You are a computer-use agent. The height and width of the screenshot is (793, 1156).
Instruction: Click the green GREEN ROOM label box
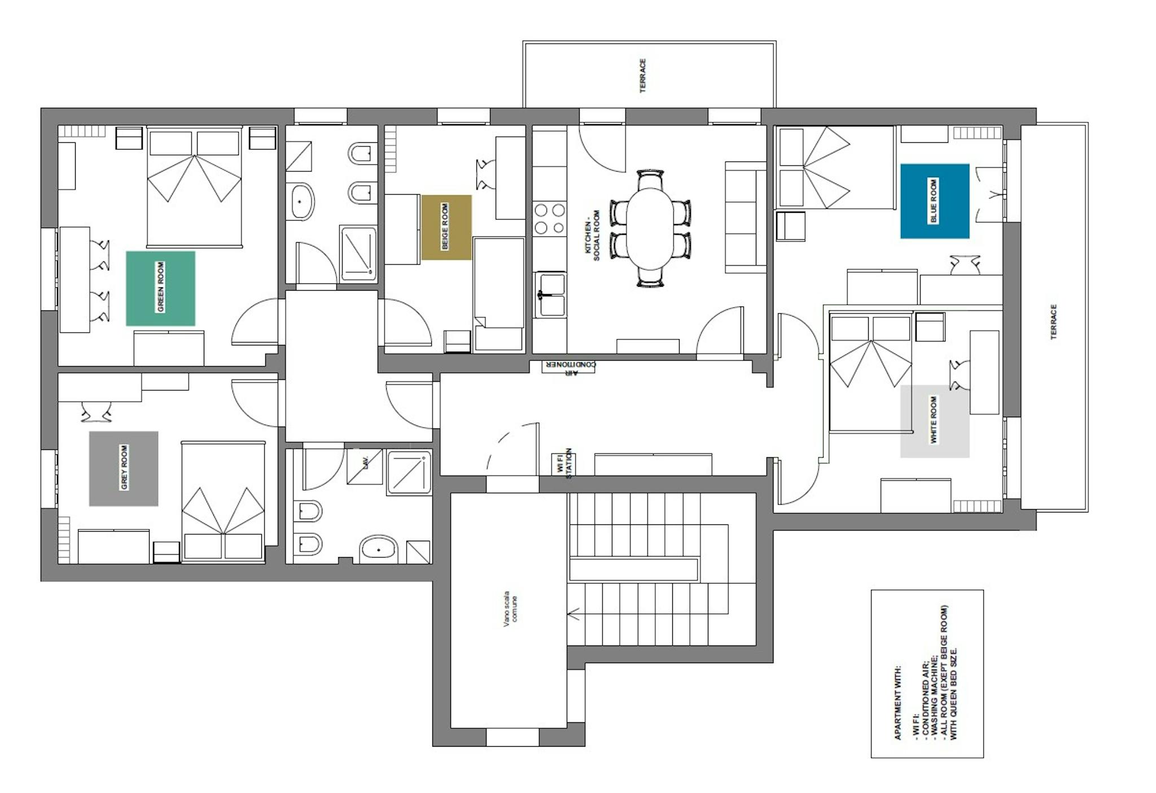[x=160, y=288]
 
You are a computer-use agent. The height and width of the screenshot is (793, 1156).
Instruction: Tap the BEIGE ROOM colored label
[x=446, y=227]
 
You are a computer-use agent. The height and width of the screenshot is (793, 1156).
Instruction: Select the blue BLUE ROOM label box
[x=935, y=201]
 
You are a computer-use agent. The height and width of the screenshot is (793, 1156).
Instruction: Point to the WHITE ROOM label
[x=935, y=421]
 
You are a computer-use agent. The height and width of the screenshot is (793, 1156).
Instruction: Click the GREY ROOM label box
[x=124, y=468]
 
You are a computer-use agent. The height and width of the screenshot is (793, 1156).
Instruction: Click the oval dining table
[x=650, y=228]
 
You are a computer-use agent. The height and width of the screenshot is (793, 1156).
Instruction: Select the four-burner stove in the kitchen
[x=550, y=218]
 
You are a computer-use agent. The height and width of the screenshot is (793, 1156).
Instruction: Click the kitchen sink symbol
[x=550, y=294]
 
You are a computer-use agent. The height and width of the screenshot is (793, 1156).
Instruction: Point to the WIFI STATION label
[x=564, y=464]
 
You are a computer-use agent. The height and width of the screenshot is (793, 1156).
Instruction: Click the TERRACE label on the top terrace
[x=642, y=76]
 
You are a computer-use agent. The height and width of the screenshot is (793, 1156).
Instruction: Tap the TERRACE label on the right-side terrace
[x=1053, y=322]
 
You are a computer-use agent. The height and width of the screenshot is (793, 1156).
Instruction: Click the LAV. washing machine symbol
[x=365, y=466]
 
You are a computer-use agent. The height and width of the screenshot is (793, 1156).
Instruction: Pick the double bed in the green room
[x=195, y=186]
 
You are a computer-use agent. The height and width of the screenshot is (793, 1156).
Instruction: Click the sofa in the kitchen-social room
[x=745, y=217]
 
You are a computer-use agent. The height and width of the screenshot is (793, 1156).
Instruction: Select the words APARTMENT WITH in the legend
[x=897, y=703]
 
